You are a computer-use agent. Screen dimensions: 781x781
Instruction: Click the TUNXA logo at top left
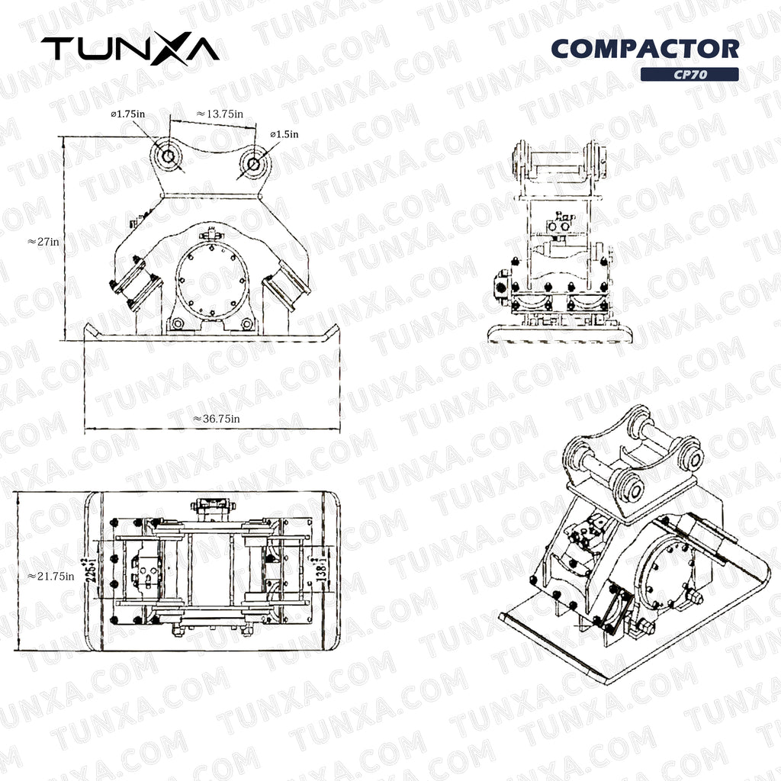[130, 49]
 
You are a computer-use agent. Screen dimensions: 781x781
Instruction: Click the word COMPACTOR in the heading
[644, 49]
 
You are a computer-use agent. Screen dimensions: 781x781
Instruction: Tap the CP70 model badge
[689, 75]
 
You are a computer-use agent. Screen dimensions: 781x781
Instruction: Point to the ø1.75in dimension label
[127, 114]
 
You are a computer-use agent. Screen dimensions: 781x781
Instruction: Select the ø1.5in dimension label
[284, 134]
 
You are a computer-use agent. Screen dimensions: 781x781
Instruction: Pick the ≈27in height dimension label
[43, 241]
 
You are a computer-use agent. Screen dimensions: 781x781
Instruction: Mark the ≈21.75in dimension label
[50, 576]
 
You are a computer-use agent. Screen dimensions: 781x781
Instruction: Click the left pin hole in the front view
[168, 156]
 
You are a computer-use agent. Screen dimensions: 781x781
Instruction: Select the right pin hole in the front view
[252, 162]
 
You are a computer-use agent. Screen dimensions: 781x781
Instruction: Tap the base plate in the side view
[559, 333]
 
